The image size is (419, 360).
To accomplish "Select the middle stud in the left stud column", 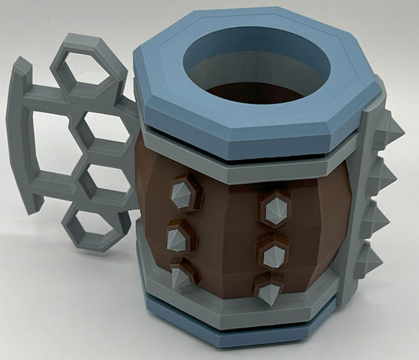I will pos(178,234).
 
